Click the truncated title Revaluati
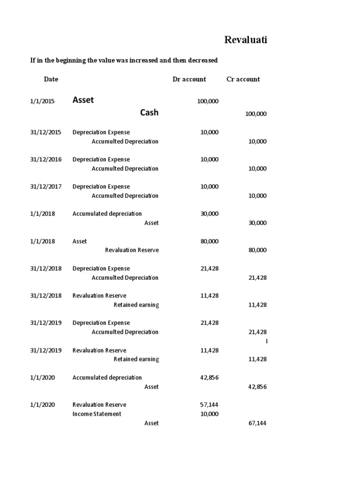(246, 40)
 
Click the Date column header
(51, 79)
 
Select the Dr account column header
(189, 79)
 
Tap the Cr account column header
(243, 79)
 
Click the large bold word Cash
(149, 112)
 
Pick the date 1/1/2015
(43, 101)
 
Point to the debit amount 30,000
(209, 214)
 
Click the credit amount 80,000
(257, 250)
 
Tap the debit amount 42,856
(209, 378)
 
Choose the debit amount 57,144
(209, 405)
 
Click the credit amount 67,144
(257, 423)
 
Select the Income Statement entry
(97, 414)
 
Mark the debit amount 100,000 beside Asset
(207, 101)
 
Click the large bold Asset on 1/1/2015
(83, 100)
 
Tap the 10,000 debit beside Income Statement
(209, 414)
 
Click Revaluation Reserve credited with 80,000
(132, 250)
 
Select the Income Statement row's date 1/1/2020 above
(43, 405)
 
